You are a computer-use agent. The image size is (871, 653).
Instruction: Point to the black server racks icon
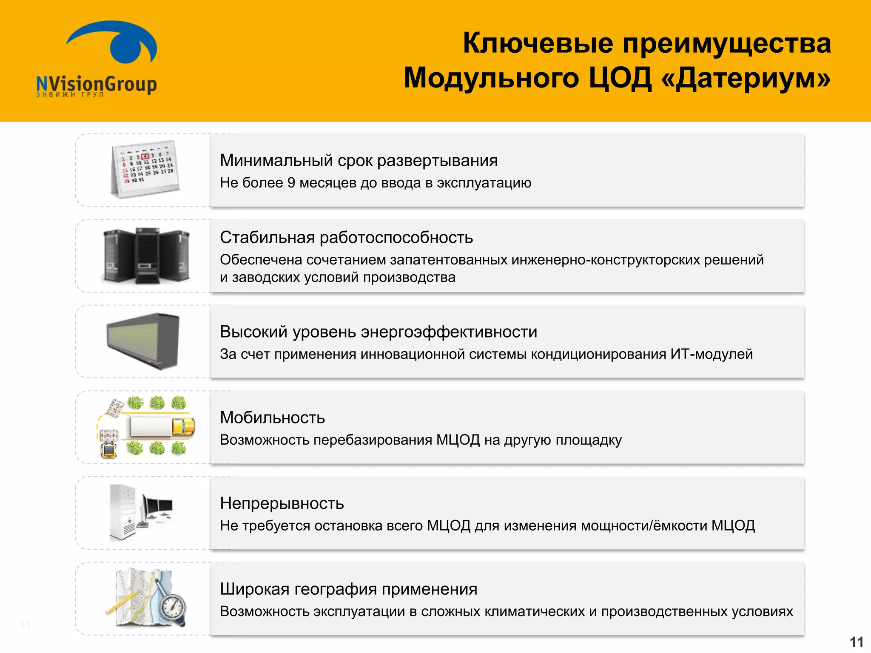pos(146,256)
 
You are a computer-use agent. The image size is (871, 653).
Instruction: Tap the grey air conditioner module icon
pos(144,341)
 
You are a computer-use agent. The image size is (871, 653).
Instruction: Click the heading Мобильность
pos(272,417)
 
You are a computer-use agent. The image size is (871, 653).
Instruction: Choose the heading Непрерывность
pos(282,503)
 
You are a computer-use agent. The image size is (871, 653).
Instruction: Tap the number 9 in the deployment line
pos(291,183)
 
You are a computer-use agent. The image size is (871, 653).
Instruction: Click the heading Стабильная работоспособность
pos(346,237)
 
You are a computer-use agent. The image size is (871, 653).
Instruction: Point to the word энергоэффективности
pos(449,332)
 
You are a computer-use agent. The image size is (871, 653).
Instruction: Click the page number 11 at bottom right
pos(856,642)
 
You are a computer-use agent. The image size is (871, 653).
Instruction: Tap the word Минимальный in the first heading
pos(276,161)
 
